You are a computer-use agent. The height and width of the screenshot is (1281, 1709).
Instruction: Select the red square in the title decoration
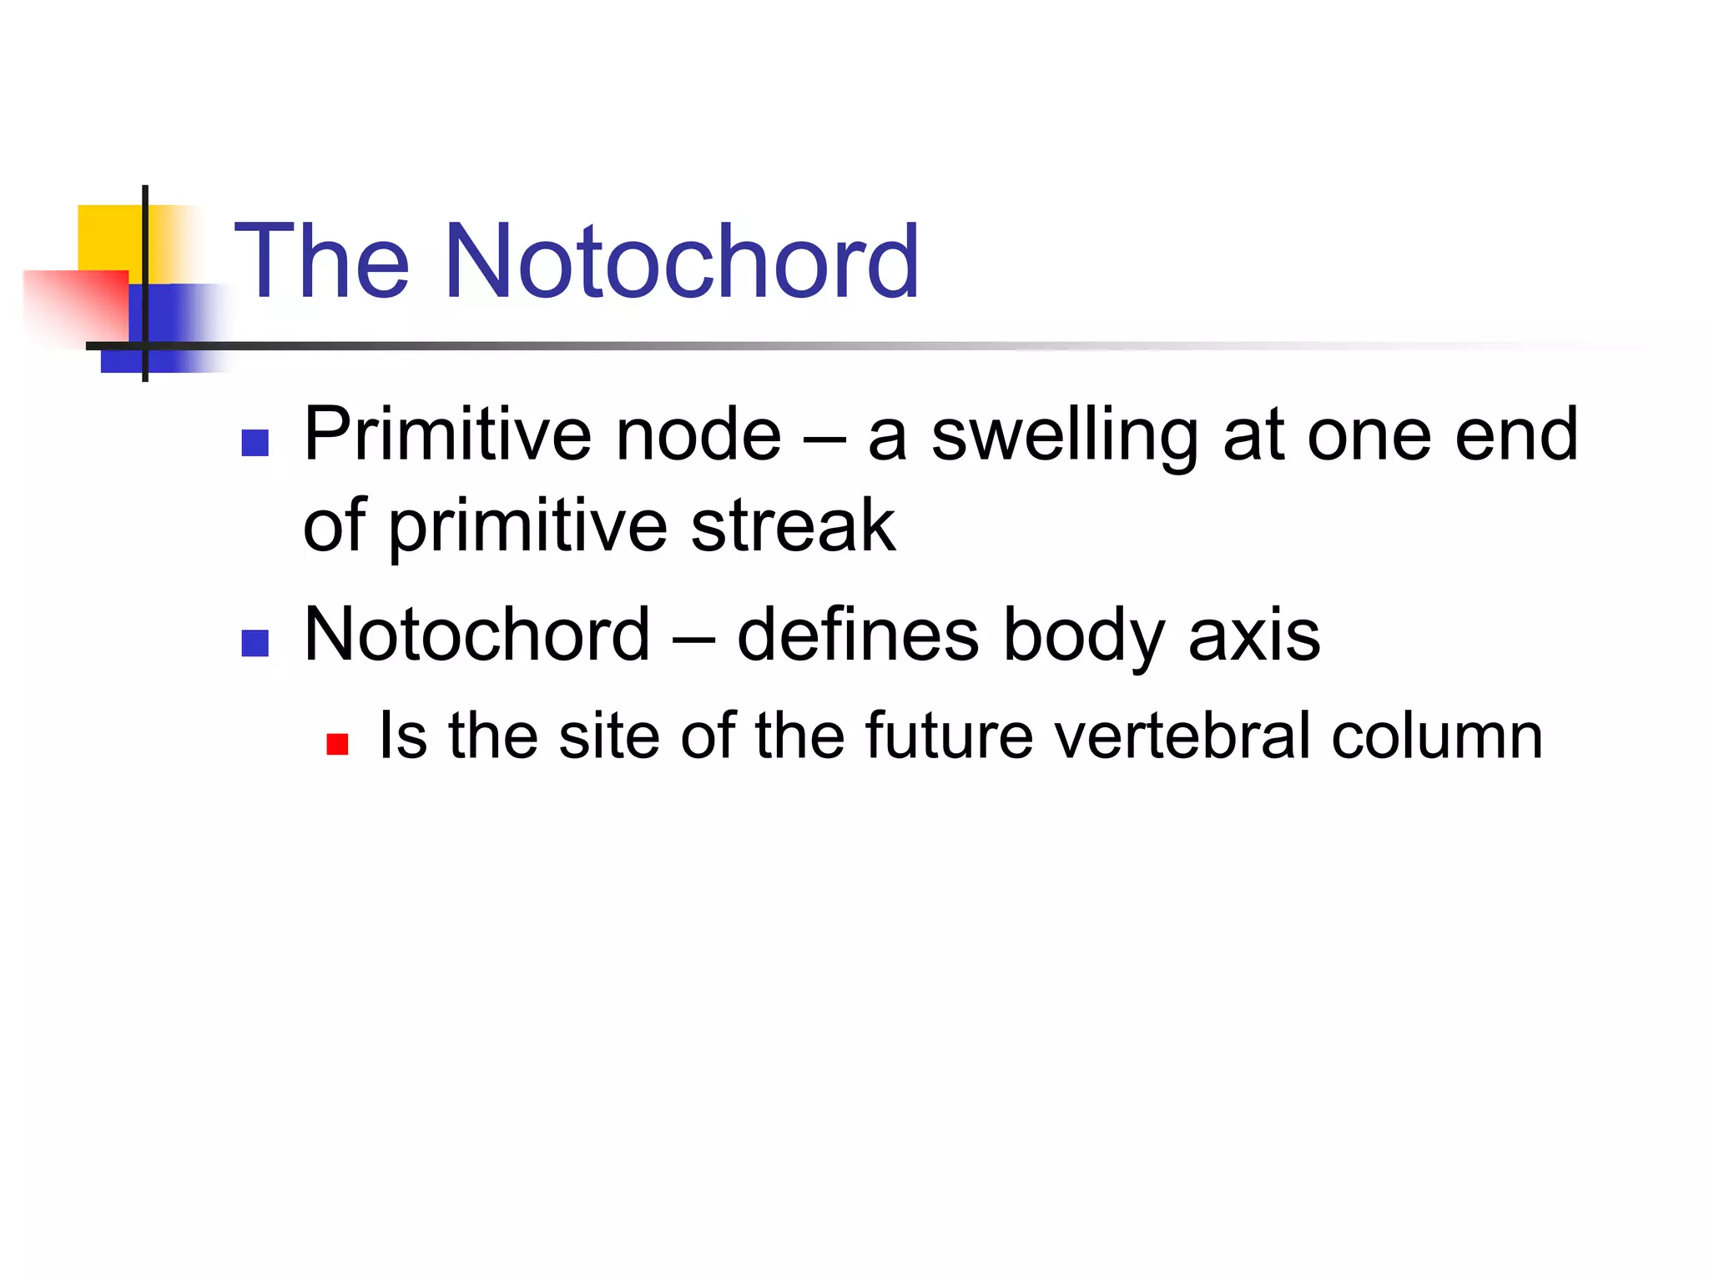(79, 304)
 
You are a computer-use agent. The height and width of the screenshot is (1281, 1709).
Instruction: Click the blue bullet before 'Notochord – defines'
(255, 643)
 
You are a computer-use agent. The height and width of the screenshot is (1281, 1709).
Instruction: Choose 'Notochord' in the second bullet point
(476, 635)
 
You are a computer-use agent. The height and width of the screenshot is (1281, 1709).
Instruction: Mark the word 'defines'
(857, 635)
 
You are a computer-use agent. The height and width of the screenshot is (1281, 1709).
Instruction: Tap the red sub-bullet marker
(337, 743)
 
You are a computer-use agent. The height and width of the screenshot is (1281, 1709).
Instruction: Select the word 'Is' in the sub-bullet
(403, 736)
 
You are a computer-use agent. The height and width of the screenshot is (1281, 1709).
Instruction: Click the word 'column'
(1436, 736)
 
